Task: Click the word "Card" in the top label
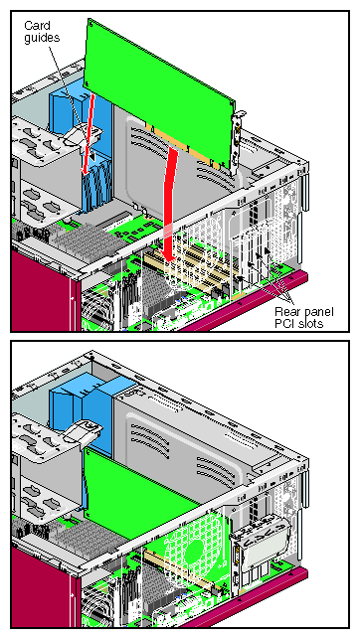(x=37, y=25)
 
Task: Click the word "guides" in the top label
(x=42, y=38)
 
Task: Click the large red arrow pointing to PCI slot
(x=169, y=204)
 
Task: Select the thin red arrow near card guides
(x=88, y=132)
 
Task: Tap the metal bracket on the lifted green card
(x=237, y=143)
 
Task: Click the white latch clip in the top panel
(x=84, y=135)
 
